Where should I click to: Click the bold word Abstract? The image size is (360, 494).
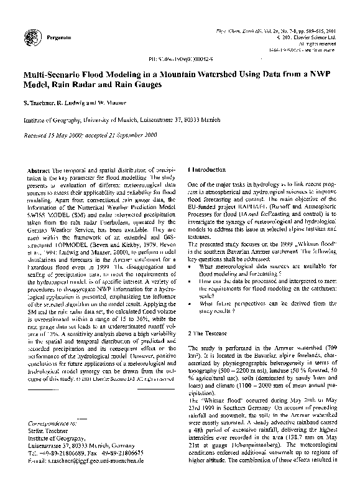41,170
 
